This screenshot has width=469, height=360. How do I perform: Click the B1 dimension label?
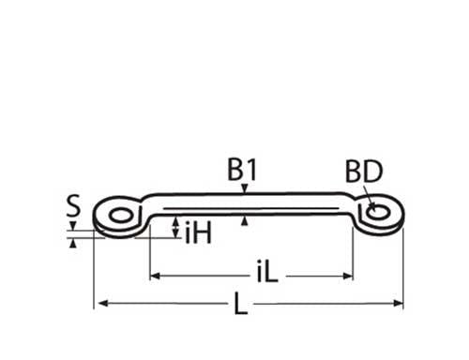click(242, 170)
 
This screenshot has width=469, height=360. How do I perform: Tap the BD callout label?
click(364, 172)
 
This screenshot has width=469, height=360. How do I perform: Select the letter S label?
click(73, 205)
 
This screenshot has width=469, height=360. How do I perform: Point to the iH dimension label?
click(198, 232)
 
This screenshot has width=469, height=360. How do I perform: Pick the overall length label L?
click(241, 303)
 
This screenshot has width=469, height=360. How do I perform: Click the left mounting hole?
click(121, 216)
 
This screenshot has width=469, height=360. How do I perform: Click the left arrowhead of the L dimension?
click(103, 303)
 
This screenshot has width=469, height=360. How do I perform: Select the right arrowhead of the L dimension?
click(398, 303)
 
